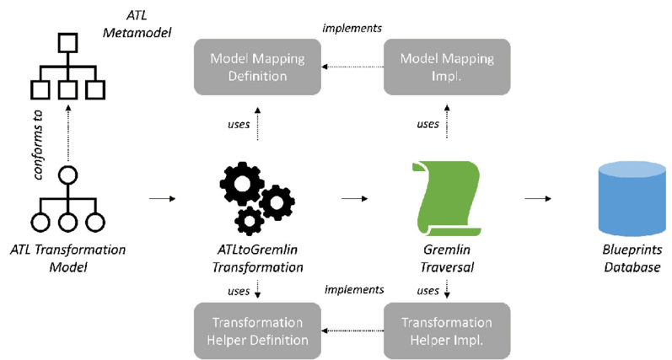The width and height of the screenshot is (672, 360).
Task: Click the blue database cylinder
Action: [626, 197]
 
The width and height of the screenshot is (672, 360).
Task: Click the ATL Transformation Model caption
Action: [67, 258]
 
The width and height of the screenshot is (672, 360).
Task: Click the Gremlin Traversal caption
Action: [445, 258]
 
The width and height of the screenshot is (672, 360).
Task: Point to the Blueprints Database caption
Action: [626, 258]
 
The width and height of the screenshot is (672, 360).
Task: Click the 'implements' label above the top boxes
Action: [352, 28]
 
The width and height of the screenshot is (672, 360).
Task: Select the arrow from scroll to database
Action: [536, 199]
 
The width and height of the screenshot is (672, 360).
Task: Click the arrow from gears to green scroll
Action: [354, 199]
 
